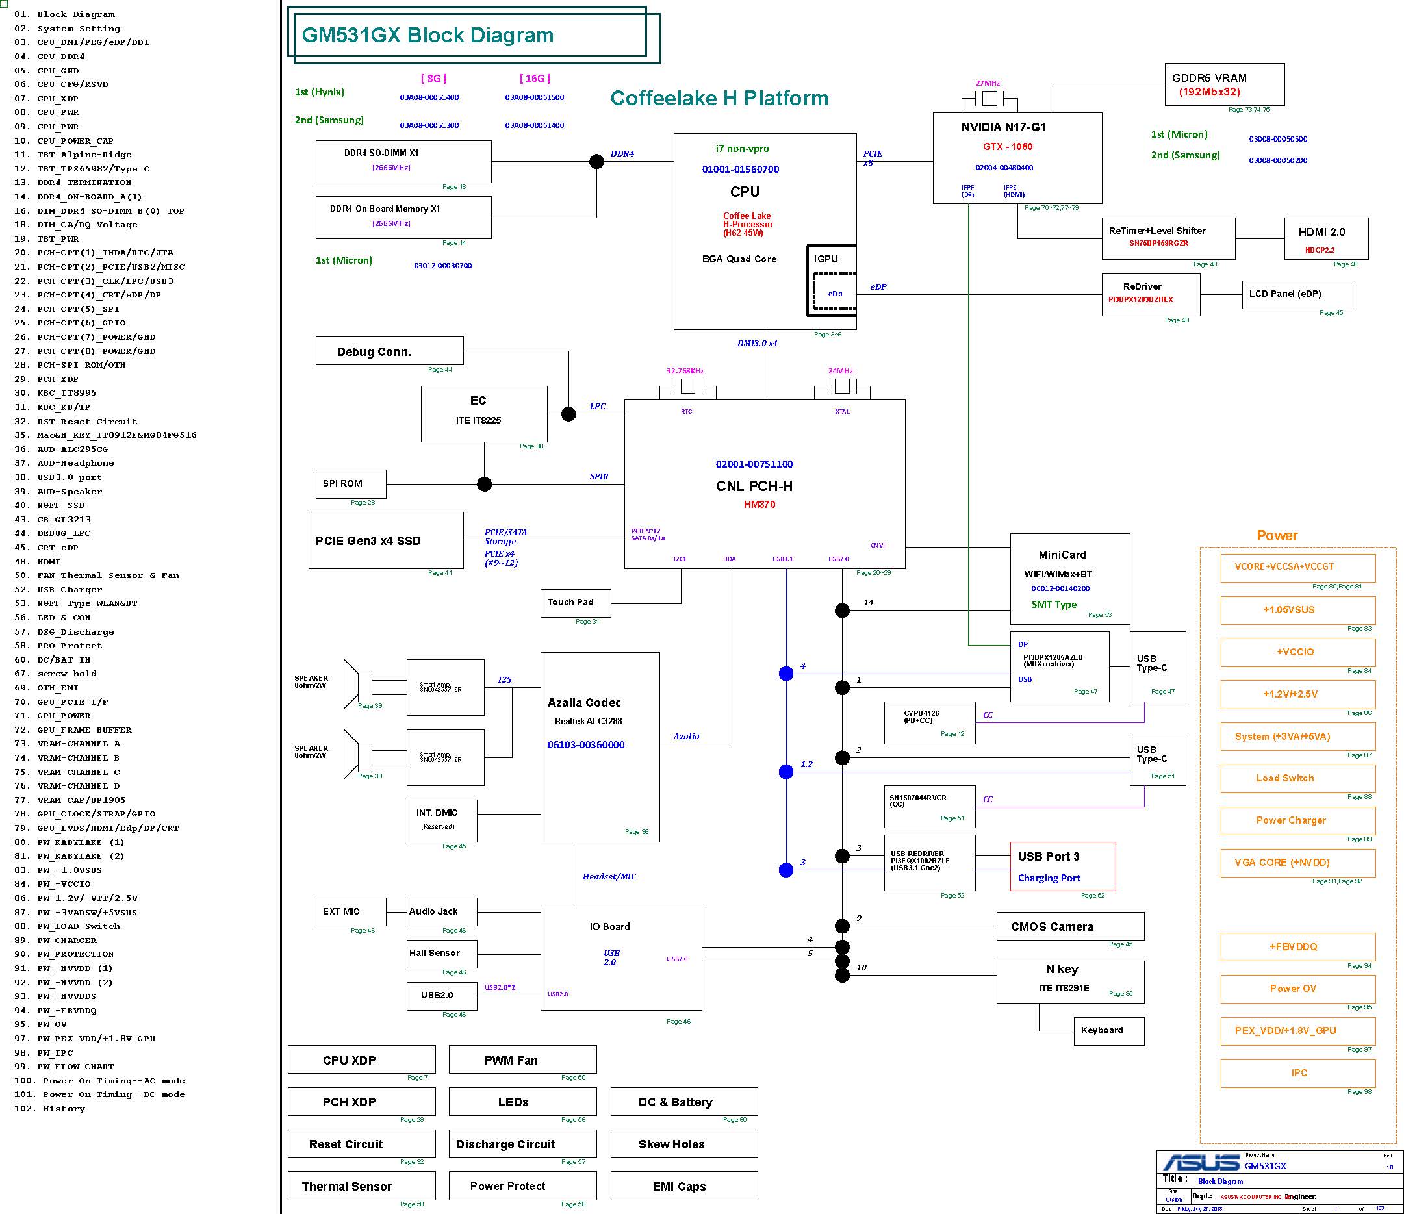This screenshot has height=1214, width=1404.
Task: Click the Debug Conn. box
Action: pyautogui.click(x=390, y=351)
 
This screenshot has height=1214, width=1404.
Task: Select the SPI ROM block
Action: pyautogui.click(x=350, y=484)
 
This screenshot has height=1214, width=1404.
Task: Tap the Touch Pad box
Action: pyautogui.click(x=575, y=603)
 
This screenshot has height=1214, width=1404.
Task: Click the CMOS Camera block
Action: pyautogui.click(x=1070, y=926)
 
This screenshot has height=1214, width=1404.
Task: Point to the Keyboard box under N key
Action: pyautogui.click(x=1108, y=1030)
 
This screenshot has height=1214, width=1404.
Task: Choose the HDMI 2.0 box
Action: pyautogui.click(x=1325, y=238)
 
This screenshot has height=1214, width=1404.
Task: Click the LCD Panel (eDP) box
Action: pyautogui.click(x=1297, y=294)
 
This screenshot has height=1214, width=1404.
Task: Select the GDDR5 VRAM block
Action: pyautogui.click(x=1224, y=84)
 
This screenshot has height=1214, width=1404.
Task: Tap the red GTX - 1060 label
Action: pyautogui.click(x=1008, y=146)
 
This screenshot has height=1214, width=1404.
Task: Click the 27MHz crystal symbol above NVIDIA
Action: pyautogui.click(x=989, y=99)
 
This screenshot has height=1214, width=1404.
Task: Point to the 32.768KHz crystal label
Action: pyautogui.click(x=685, y=371)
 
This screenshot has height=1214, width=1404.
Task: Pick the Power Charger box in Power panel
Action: pyautogui.click(x=1297, y=820)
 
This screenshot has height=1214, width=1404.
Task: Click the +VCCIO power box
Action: pyautogui.click(x=1297, y=652)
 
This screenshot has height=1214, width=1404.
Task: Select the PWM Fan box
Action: pyautogui.click(x=522, y=1059)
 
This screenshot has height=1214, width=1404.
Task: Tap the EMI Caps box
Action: pyautogui.click(x=683, y=1186)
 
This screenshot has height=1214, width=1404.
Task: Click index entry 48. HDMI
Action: pyautogui.click(x=49, y=562)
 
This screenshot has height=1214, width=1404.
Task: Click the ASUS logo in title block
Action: pyautogui.click(x=1201, y=1163)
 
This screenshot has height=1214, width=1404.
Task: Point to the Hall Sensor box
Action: pyautogui.click(x=442, y=953)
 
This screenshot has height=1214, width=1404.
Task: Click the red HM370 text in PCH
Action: pyautogui.click(x=759, y=504)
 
